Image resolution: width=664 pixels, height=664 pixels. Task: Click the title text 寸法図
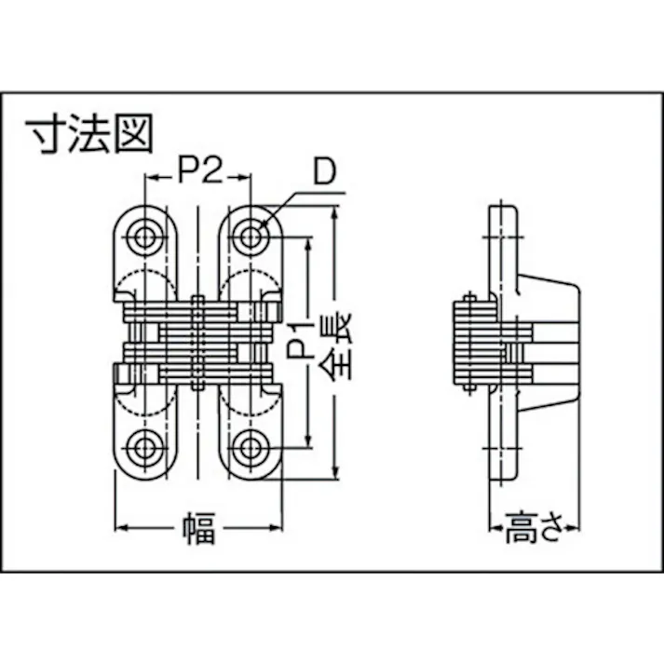pos(91,136)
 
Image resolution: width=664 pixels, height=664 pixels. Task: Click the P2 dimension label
pos(197,171)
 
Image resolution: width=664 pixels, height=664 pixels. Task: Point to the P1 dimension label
pos(297,343)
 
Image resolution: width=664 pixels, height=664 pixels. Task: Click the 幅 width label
pos(198,531)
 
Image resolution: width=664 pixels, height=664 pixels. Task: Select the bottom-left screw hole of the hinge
pos(144,447)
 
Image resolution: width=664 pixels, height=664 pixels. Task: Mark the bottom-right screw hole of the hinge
pos(248,447)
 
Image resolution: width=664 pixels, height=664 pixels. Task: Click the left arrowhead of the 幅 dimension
pos(118,530)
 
